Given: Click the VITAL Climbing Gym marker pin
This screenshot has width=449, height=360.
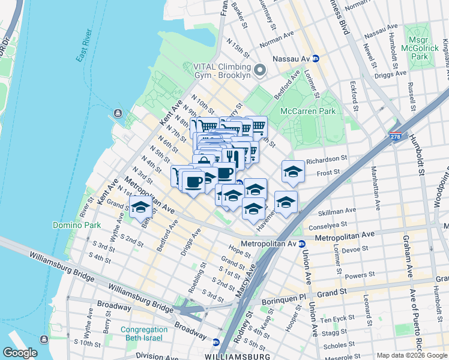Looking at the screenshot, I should [x=259, y=70].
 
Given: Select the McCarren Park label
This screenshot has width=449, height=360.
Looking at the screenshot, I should [x=308, y=111].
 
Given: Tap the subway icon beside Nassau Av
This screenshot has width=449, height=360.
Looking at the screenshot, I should [x=315, y=59].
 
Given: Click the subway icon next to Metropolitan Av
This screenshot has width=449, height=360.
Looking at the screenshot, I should [x=302, y=244].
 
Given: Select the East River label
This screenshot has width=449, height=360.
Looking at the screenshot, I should [x=83, y=53].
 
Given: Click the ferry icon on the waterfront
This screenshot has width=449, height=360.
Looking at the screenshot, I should [x=116, y=113].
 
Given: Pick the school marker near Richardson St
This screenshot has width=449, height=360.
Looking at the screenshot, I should [x=293, y=172].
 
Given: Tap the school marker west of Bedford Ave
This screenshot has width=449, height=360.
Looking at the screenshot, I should [x=140, y=208].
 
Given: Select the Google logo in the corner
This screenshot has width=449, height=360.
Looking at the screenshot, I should [x=19, y=353].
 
